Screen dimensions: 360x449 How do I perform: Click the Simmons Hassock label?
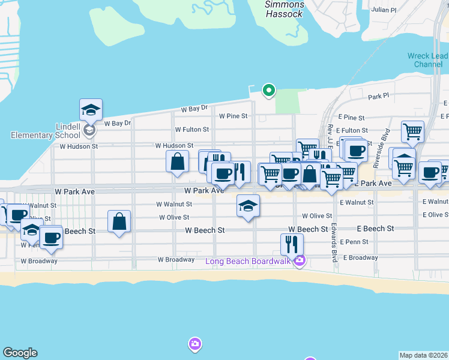(x=285, y=10)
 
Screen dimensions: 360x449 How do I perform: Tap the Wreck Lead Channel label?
(x=427, y=60)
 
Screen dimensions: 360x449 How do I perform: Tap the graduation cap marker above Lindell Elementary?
(x=91, y=110)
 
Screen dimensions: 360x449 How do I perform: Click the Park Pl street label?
(x=378, y=95)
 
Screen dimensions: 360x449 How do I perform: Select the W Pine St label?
(x=233, y=116)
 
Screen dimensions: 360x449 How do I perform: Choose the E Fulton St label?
(x=352, y=130)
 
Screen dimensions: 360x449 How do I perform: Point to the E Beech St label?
(x=375, y=229)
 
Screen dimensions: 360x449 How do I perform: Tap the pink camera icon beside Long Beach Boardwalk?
(x=300, y=260)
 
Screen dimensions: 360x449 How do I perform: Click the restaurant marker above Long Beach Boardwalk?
(x=292, y=244)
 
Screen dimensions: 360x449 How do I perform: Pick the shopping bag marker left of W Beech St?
(x=119, y=221)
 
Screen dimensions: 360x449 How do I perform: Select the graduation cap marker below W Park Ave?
(x=248, y=206)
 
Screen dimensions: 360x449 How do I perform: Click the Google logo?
(x=20, y=353)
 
